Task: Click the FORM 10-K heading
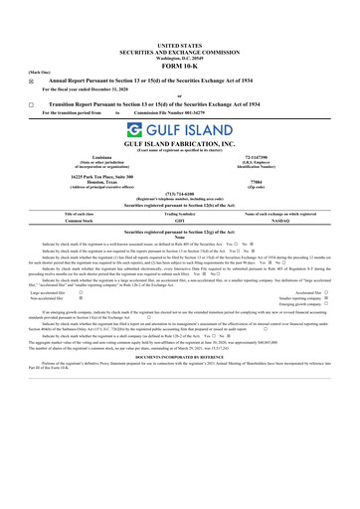[179, 68]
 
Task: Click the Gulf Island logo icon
[132, 132]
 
